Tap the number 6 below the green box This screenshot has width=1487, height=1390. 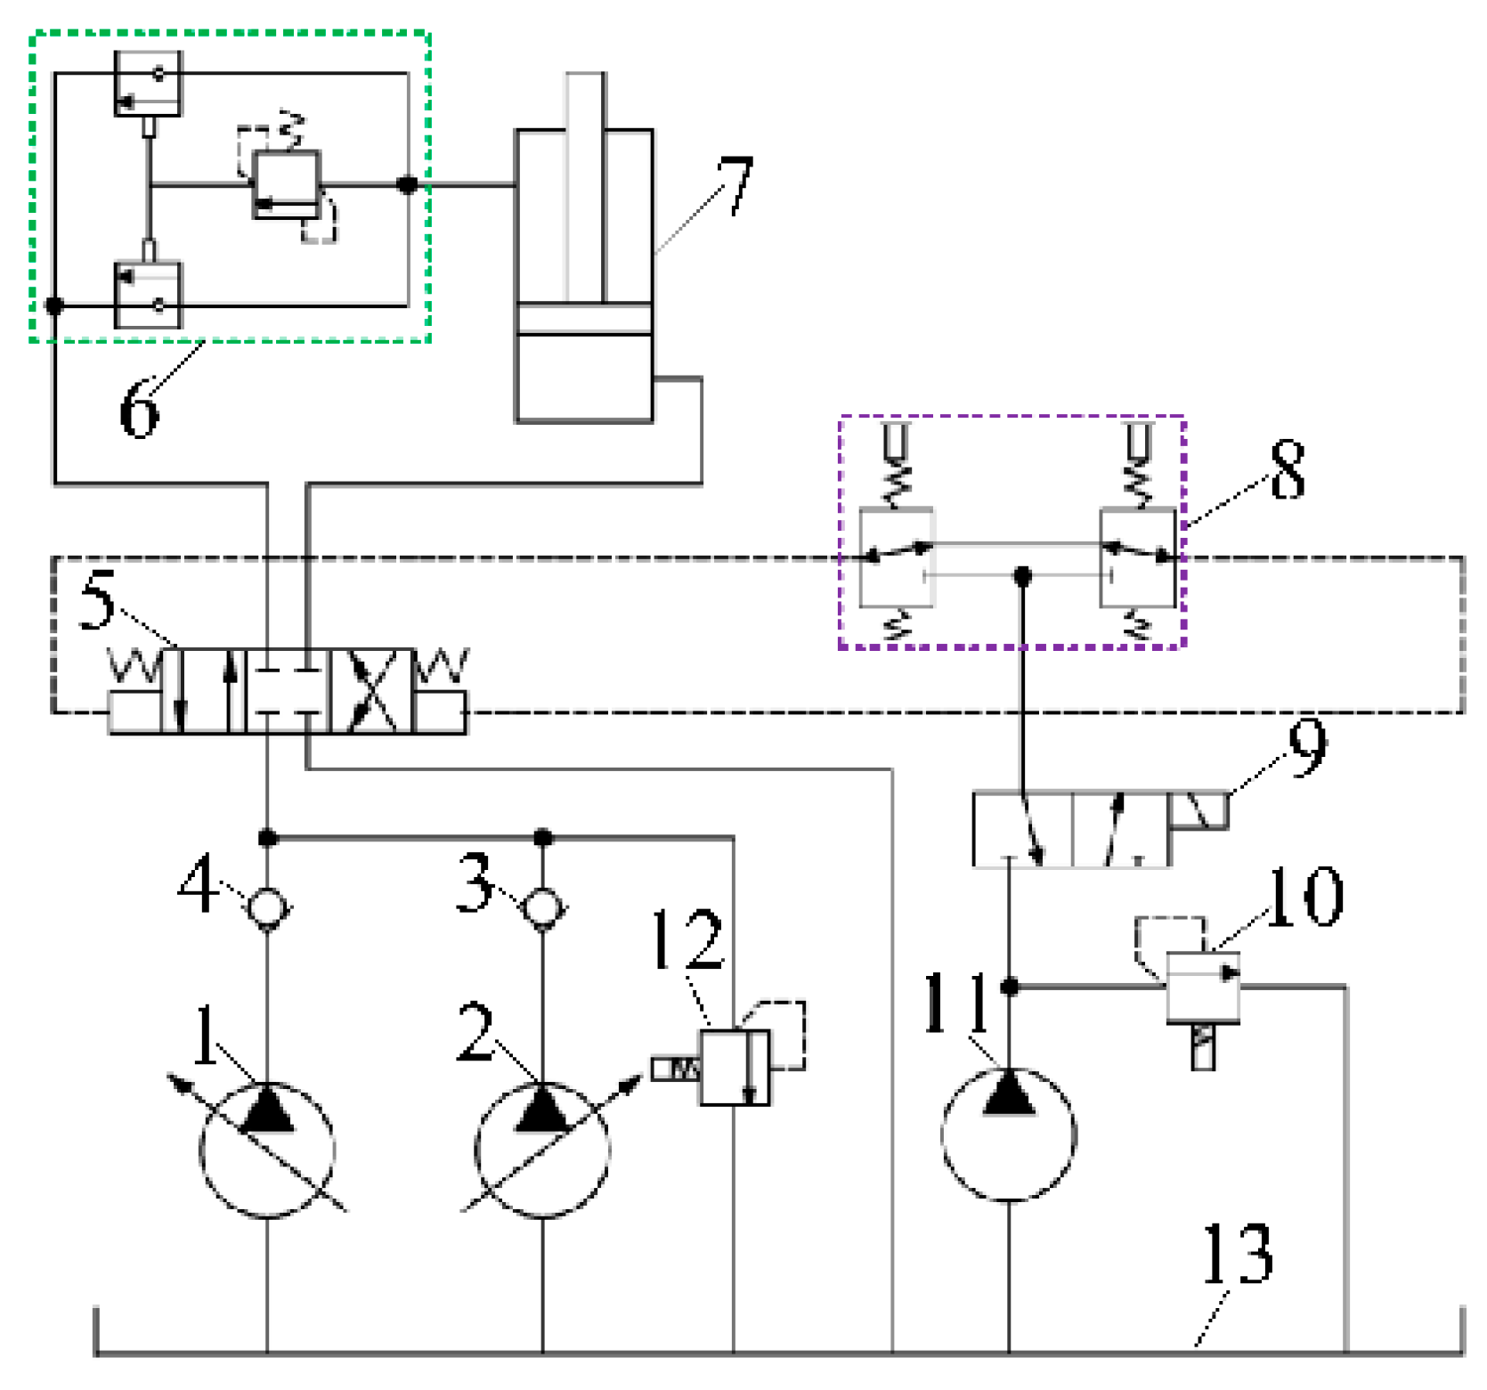(139, 409)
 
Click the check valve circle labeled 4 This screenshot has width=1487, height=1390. (267, 907)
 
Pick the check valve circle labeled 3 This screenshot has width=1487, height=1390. (543, 907)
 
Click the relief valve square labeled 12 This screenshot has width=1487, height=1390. (735, 1068)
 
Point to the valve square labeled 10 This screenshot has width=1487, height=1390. (1203, 988)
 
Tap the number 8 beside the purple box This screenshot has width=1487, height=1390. (1288, 469)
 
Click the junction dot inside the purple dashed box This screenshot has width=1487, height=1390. (1023, 575)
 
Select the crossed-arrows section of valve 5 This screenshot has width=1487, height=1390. (372, 691)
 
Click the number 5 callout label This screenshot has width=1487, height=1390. (97, 599)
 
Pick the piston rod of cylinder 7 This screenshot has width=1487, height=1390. (584, 187)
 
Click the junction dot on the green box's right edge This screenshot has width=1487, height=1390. (408, 185)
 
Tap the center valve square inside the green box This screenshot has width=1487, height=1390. (286, 184)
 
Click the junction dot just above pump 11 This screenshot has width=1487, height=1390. (1009, 987)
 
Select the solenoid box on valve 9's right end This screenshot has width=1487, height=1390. (1199, 811)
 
